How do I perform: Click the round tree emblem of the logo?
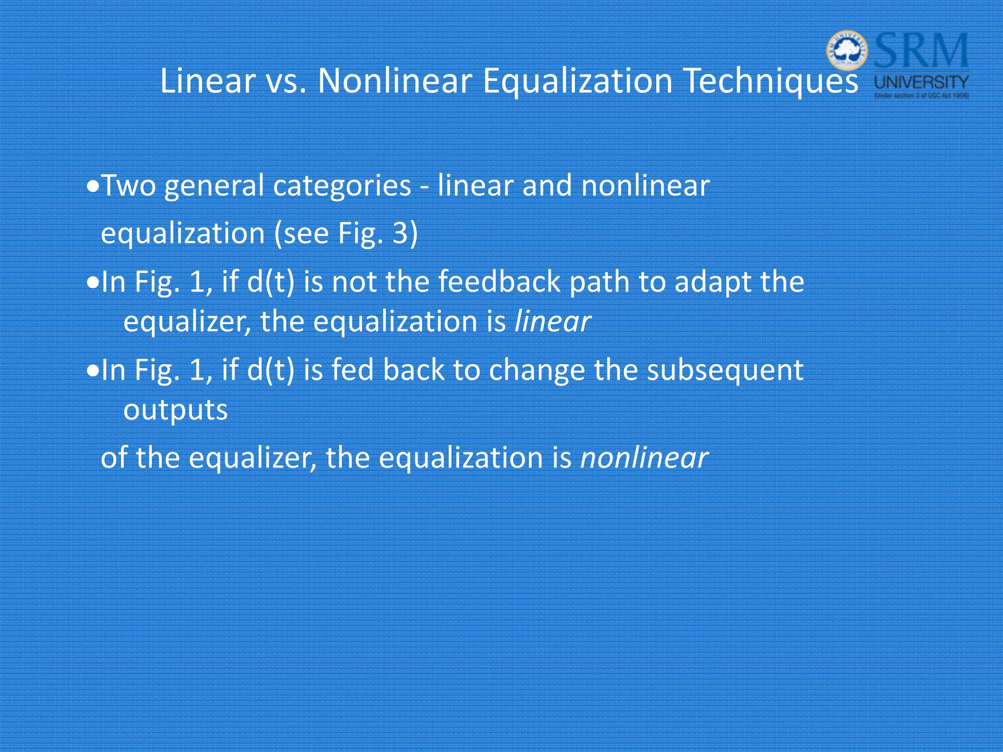(847, 50)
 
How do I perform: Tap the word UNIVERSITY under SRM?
(921, 82)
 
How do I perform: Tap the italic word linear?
(552, 322)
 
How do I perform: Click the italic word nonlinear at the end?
(644, 458)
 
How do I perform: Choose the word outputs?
(175, 410)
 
